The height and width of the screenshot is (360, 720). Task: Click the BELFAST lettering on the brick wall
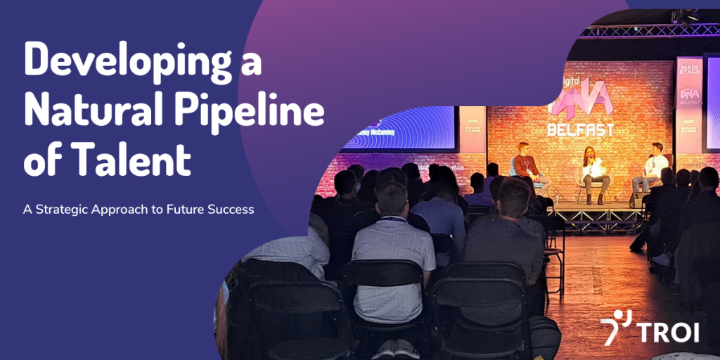click(581, 129)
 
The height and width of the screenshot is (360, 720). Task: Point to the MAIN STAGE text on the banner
click(688, 70)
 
